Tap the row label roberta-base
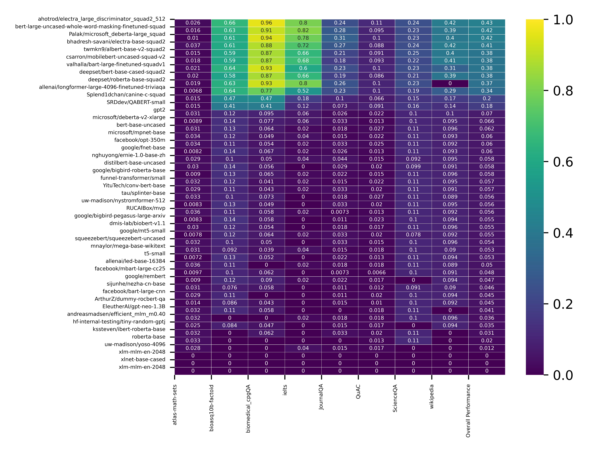[149, 337]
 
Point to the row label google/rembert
[145, 276]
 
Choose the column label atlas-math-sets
[175, 405]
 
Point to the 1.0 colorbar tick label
[563, 20]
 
